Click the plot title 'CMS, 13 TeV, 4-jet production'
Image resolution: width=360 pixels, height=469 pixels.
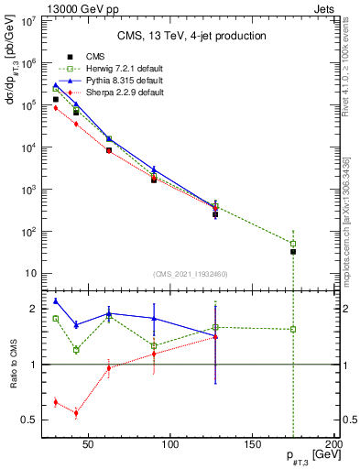[x=192, y=37]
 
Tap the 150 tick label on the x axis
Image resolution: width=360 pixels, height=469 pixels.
[x=253, y=445]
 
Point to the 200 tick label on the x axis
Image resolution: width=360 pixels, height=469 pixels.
[x=334, y=445]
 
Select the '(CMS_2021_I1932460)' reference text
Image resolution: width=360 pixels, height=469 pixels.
[x=191, y=274]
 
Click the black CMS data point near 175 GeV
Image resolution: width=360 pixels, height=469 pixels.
[x=293, y=251]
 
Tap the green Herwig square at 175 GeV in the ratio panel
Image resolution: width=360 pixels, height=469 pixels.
[x=293, y=329]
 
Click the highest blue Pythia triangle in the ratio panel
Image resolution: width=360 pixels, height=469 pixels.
[x=56, y=300]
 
